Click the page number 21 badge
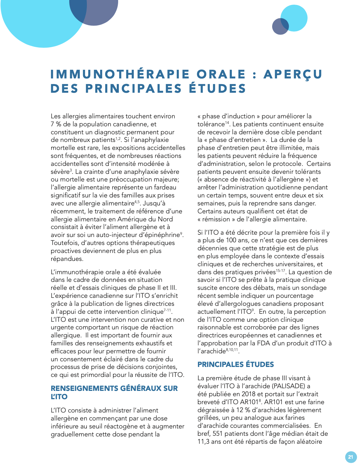pyautogui.click(x=351, y=457)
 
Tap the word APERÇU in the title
pyautogui.click(x=293, y=74)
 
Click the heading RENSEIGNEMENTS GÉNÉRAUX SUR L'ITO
pyautogui.click(x=114, y=392)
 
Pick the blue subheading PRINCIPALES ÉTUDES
pyautogui.click(x=236, y=364)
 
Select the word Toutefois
pyautogui.click(x=64, y=243)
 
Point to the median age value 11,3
pyautogui.click(x=203, y=442)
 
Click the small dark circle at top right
pyautogui.click(x=280, y=27)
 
